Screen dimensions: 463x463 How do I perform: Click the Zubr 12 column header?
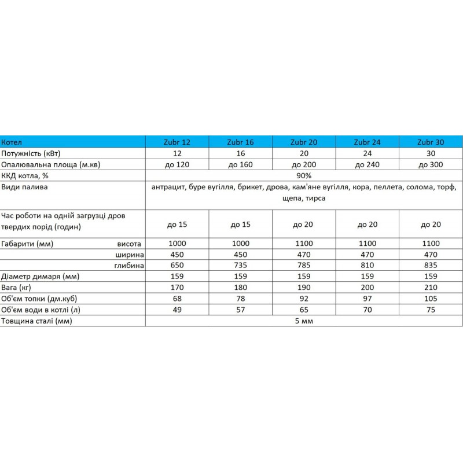pos(177,142)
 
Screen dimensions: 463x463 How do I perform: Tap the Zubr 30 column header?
pos(430,142)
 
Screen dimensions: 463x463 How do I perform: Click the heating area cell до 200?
pos(304,164)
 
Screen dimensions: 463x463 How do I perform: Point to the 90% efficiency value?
pos(304,175)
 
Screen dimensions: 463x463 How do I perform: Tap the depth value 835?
pos(430,265)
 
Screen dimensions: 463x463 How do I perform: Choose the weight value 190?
pos(304,287)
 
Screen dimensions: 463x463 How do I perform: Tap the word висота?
pos(129,243)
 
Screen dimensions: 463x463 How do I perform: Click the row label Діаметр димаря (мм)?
pos(40,276)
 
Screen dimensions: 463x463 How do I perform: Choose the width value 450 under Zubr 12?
pos(177,254)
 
